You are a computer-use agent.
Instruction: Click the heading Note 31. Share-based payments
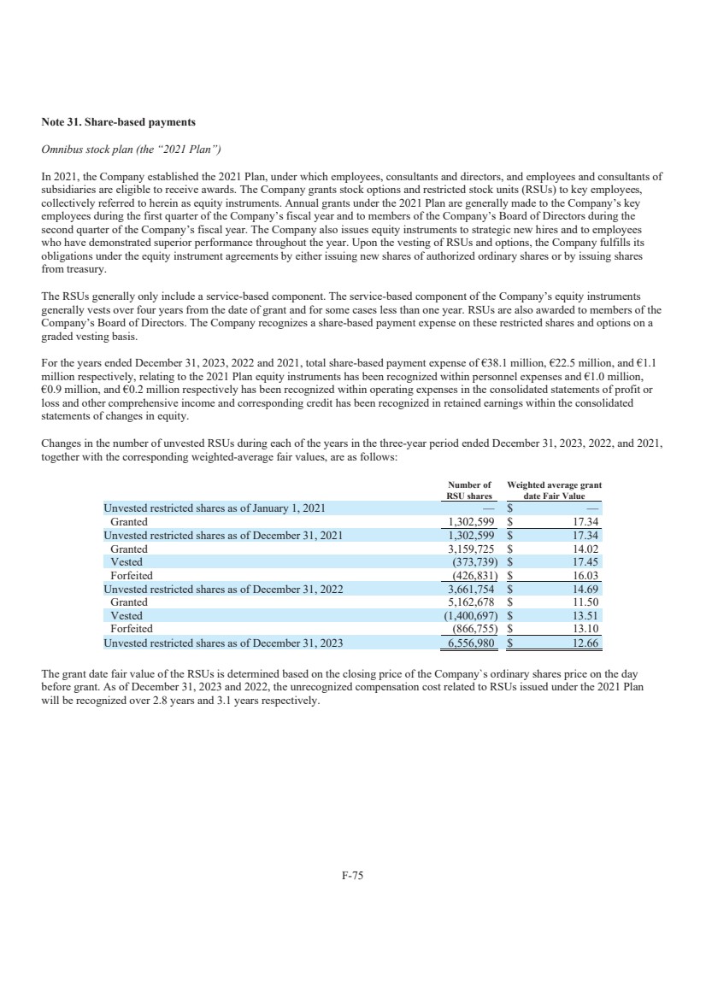(x=118, y=122)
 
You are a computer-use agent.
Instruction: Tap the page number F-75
(x=353, y=875)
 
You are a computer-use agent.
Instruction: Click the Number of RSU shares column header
(x=469, y=490)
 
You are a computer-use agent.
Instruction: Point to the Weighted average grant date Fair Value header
(x=554, y=490)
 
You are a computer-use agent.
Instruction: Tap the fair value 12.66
(x=586, y=643)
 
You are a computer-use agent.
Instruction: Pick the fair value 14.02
(x=586, y=549)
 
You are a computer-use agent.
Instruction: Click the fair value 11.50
(x=586, y=602)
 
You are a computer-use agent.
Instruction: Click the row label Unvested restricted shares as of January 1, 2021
(x=214, y=508)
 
